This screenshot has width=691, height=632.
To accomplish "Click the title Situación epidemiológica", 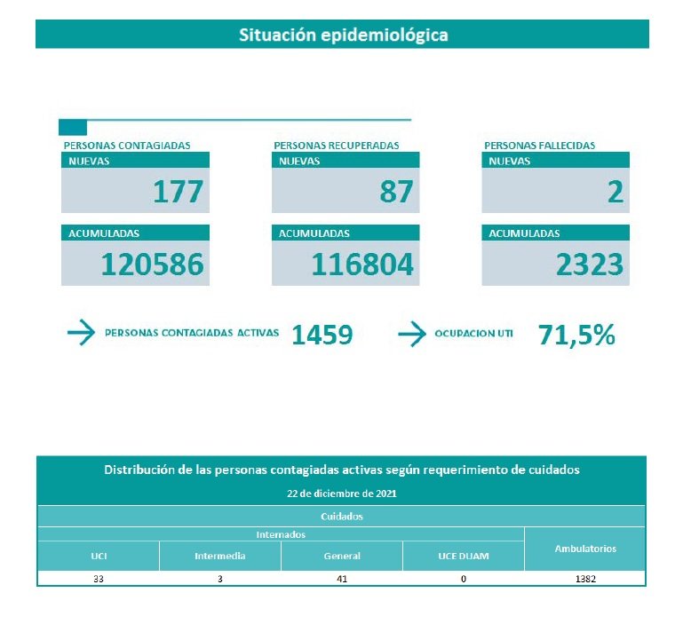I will pyautogui.click(x=343, y=36).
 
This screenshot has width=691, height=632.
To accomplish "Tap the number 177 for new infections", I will pyautogui.click(x=178, y=192).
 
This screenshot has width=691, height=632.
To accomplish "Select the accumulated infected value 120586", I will pyautogui.click(x=152, y=264).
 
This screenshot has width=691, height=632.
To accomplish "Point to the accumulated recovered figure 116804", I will pyautogui.click(x=362, y=264).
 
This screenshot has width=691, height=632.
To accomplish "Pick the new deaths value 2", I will pyautogui.click(x=616, y=192).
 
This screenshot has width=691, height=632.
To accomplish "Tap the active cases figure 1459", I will pyautogui.click(x=322, y=335).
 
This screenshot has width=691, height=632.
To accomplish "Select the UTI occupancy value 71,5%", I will pyautogui.click(x=576, y=335).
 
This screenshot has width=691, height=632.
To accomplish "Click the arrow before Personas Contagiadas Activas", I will pyautogui.click(x=81, y=334).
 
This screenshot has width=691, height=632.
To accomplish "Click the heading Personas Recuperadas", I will pyautogui.click(x=337, y=146).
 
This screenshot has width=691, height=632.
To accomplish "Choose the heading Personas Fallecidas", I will pyautogui.click(x=540, y=146).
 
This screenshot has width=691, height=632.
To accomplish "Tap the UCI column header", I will pyautogui.click(x=98, y=557).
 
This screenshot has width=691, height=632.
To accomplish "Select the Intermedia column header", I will pyautogui.click(x=220, y=557).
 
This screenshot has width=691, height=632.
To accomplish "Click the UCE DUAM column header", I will pyautogui.click(x=464, y=557).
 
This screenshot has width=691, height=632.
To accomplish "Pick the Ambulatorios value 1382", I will pyautogui.click(x=585, y=579).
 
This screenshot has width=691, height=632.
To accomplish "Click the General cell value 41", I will pyautogui.click(x=342, y=579).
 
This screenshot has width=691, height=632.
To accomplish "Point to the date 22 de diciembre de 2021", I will pyautogui.click(x=342, y=493).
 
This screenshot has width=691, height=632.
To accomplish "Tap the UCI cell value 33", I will pyautogui.click(x=98, y=579).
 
